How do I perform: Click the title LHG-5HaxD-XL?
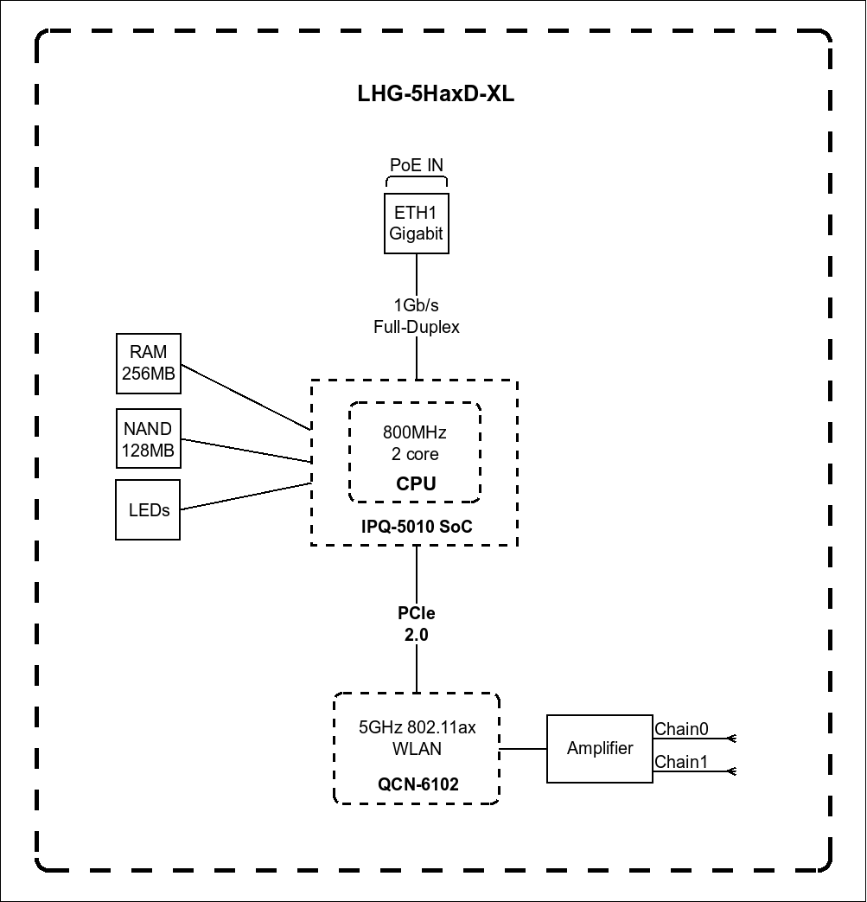pos(436,94)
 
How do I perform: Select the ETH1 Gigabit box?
pos(417,223)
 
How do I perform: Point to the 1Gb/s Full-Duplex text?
pos(417,317)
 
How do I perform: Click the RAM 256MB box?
pos(149,363)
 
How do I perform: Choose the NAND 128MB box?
pos(149,439)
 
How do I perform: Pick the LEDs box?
pos(149,510)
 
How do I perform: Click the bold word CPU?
pos(416,484)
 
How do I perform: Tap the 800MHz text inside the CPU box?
pos(416,432)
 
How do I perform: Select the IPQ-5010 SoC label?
pos(417,527)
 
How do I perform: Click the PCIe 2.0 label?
pos(417,624)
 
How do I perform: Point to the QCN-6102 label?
pos(418,785)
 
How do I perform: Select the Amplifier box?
pos(600,749)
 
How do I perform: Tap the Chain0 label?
pos(681,729)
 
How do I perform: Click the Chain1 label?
pos(681,762)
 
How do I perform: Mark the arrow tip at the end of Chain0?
pos(731,739)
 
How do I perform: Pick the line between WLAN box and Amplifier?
pos(524,749)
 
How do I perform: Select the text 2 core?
pos(415,455)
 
